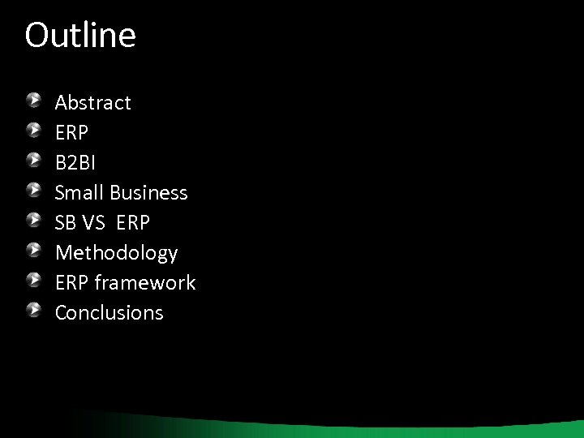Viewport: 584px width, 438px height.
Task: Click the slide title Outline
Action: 80,36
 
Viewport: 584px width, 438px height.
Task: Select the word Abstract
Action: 92,103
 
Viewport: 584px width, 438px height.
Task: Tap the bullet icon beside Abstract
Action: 32,101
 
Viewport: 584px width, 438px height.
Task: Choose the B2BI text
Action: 75,163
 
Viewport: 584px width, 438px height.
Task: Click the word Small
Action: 79,193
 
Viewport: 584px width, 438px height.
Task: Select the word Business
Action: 148,193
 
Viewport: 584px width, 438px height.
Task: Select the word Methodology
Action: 116,253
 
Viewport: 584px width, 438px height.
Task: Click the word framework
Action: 145,283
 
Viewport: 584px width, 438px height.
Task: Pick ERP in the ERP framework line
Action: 72,283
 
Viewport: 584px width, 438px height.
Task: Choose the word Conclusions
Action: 109,313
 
